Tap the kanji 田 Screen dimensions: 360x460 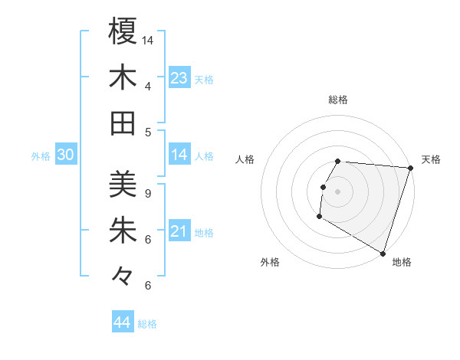(123, 123)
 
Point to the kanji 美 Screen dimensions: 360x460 (123, 185)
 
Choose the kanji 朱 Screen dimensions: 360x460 (123, 231)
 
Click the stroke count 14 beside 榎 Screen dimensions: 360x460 (148, 40)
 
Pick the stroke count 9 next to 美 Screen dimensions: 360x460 (148, 193)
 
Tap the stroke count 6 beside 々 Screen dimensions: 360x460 (148, 285)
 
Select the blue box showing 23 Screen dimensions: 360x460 (179, 77)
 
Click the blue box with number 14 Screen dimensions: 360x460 (179, 155)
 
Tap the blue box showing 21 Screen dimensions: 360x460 (179, 231)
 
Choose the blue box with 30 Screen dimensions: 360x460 (66, 155)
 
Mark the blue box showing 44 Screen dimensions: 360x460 (123, 322)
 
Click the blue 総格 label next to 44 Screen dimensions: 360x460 (147, 324)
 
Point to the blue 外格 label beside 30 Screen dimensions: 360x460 (41, 156)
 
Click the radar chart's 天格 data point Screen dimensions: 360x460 (410, 168)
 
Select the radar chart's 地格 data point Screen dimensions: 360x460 (382, 252)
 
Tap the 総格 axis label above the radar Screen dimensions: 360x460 (338, 100)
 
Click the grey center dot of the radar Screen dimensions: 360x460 (338, 191)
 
